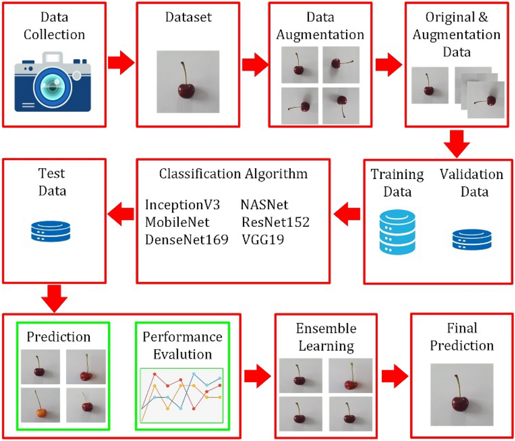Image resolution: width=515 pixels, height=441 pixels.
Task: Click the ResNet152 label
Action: coord(274,222)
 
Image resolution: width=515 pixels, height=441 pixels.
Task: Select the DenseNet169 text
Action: coord(187,240)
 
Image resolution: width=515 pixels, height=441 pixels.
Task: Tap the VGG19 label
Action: coord(262,240)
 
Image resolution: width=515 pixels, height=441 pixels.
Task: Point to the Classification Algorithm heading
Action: coord(233,174)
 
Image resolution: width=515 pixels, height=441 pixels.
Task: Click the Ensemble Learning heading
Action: coord(316,338)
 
